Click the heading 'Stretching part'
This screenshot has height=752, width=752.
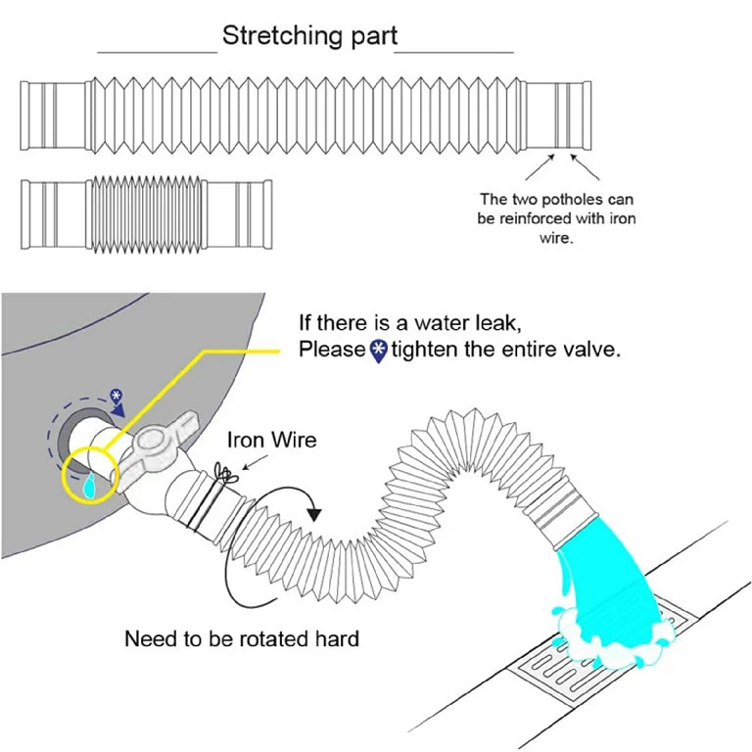pos(308,37)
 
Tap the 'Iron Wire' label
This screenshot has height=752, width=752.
pos(271,440)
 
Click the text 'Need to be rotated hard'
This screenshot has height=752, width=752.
pos(242,639)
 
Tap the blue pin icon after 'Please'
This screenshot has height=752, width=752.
pos(379,351)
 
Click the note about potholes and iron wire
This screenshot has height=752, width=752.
pos(556,218)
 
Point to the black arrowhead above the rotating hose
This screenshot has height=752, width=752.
pos(315,512)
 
